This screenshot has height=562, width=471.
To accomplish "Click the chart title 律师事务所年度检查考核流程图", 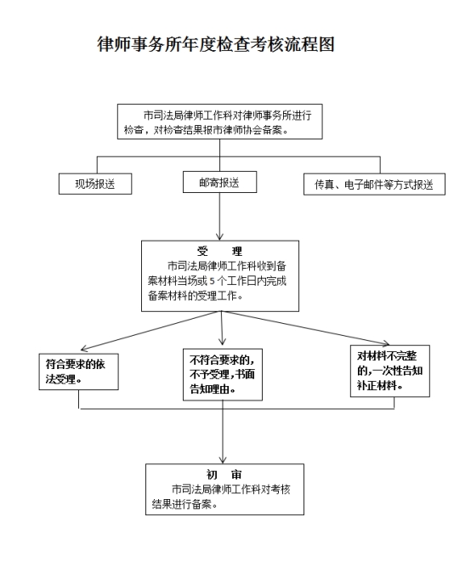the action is pos(216,44).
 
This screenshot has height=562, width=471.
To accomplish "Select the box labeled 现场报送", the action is pos(95,184).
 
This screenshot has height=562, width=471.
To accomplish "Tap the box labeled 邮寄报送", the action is pos(219,182).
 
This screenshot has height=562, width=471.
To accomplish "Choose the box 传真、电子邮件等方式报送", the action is pos(374,184).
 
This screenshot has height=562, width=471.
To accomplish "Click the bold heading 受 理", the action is pos(219,251).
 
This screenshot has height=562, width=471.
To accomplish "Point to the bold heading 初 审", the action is pos(224,474).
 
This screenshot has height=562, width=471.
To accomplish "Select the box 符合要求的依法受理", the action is pos(78,372).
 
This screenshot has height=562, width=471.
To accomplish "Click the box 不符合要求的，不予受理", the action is pos(223,375).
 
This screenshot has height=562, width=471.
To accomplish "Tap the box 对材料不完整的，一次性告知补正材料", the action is pos(390,371).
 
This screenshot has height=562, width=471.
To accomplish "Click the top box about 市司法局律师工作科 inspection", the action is pos(219,122).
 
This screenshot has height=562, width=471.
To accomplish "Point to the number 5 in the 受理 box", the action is pos(213,281).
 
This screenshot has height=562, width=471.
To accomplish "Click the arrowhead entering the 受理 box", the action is pos(219,237).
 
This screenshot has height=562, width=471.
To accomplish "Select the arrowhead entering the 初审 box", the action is pos(223,460).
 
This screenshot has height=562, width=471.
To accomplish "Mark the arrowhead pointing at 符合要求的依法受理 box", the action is pos(85,349).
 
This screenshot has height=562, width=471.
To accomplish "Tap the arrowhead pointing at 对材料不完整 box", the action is pos(385,343).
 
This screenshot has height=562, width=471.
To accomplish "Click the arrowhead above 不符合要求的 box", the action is pos(222,341).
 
